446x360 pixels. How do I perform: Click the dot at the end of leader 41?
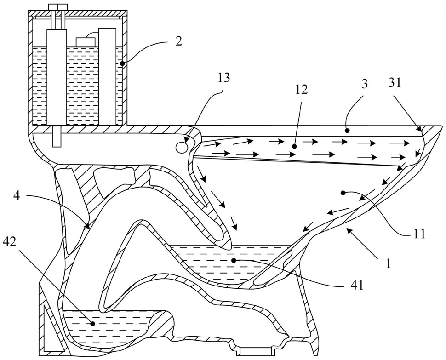point(234,261)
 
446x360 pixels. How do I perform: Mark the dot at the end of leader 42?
point(93,324)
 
